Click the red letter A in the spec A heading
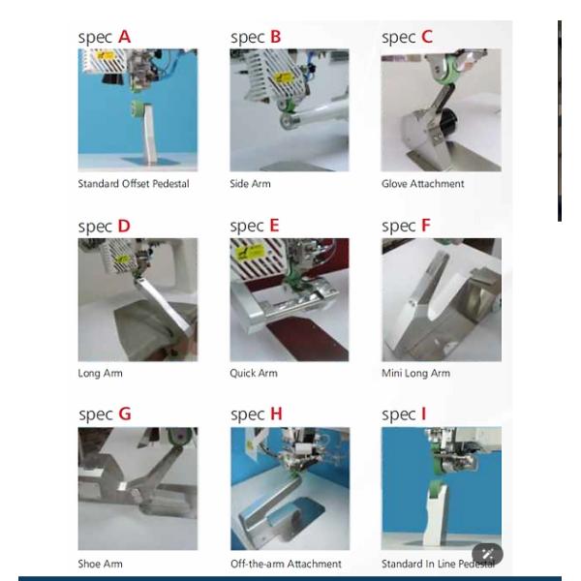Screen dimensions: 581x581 (125, 37)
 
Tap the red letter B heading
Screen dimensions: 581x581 (276, 37)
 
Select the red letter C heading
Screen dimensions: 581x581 (427, 37)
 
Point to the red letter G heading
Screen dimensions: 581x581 (125, 413)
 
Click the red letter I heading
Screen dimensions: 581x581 (424, 413)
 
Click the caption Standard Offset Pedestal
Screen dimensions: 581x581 (134, 184)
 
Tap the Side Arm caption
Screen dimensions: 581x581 (250, 184)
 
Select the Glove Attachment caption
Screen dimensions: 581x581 (423, 184)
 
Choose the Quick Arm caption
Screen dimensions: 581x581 (254, 373)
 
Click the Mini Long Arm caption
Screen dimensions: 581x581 (415, 373)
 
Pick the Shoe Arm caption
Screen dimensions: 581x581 (100, 564)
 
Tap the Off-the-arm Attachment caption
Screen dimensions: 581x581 (286, 564)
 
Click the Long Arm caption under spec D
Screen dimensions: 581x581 (100, 373)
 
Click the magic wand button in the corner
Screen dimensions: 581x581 (487, 554)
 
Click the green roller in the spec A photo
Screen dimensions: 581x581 (138, 108)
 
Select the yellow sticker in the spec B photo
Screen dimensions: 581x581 (283, 77)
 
